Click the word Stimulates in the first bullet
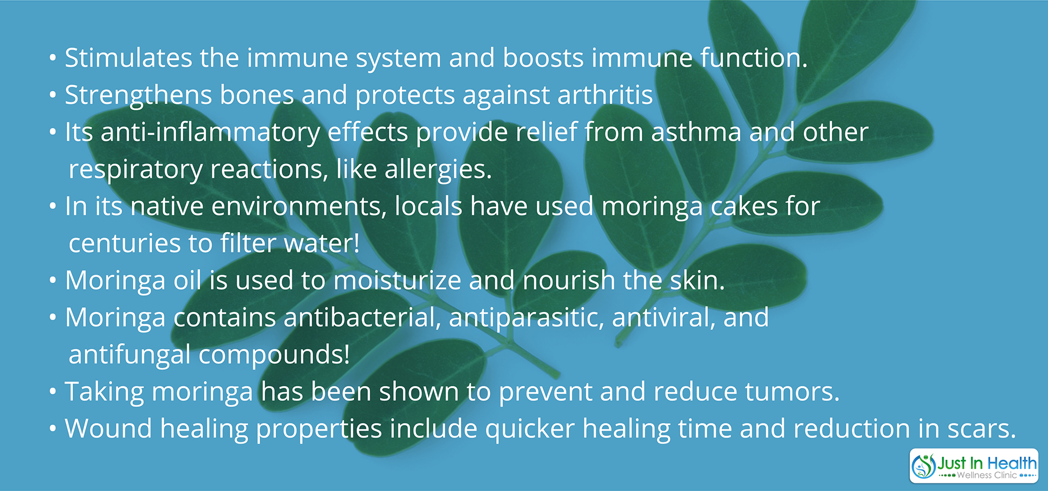pyautogui.click(x=129, y=58)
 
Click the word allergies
pyautogui.click(x=438, y=170)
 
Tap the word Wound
pyautogui.click(x=109, y=429)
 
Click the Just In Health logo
pyautogui.click(x=974, y=466)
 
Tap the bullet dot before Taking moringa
pyautogui.click(x=52, y=392)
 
